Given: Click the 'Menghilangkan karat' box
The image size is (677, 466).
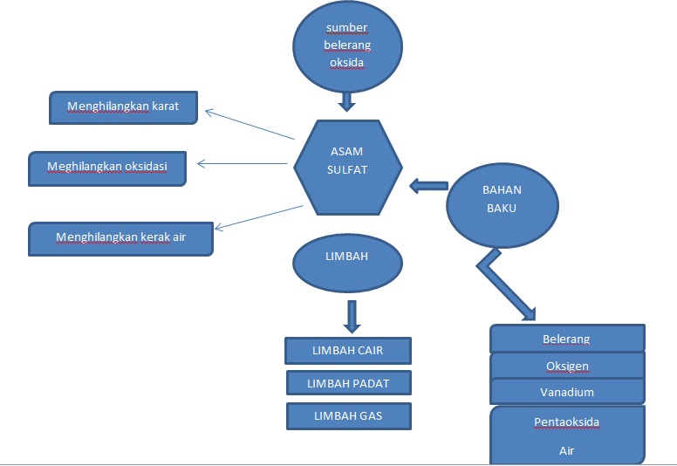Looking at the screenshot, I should pyautogui.click(x=124, y=107).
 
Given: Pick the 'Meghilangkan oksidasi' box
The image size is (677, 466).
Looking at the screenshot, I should pyautogui.click(x=107, y=167).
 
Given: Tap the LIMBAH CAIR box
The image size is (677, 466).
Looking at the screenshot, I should pyautogui.click(x=347, y=351).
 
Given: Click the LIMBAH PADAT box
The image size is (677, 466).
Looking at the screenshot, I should pyautogui.click(x=347, y=383).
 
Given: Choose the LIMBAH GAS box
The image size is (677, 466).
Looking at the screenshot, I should pyautogui.click(x=347, y=416).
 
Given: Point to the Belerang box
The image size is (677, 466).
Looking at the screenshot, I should pyautogui.click(x=567, y=339).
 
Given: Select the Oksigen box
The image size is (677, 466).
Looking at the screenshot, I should pyautogui.click(x=567, y=366).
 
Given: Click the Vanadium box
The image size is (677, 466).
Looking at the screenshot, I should pyautogui.click(x=567, y=392).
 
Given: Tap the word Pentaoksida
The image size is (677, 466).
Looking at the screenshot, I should pyautogui.click(x=567, y=422).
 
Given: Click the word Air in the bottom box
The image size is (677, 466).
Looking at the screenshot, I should pyautogui.click(x=567, y=452).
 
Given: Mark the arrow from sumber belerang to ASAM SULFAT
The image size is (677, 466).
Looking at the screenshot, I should pyautogui.click(x=347, y=101).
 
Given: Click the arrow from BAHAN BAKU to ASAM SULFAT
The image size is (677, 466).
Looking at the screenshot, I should pyautogui.click(x=427, y=185).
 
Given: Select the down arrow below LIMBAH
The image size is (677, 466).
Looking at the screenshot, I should pyautogui.click(x=352, y=316).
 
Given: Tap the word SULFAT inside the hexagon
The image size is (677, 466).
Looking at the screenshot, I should pyautogui.click(x=348, y=171).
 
